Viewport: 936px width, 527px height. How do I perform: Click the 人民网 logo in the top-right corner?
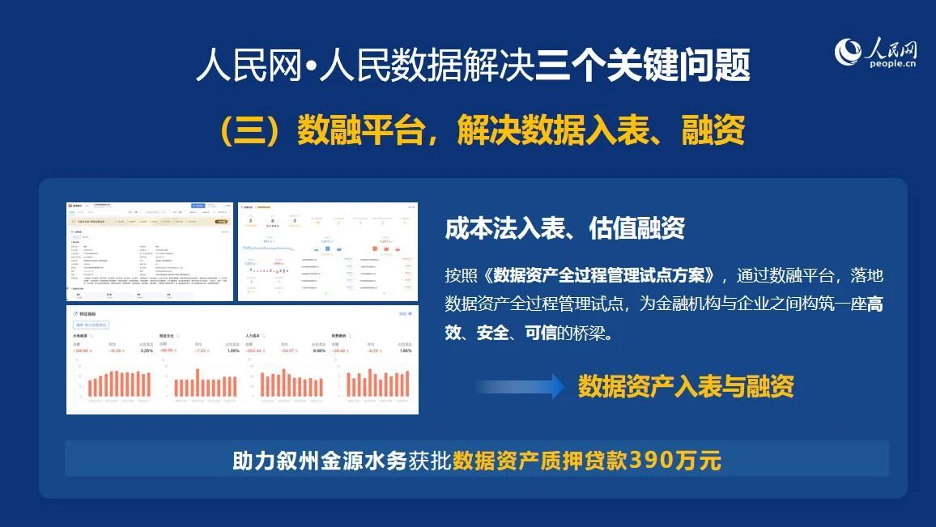[876, 53]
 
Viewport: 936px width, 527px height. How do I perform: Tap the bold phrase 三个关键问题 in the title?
[643, 65]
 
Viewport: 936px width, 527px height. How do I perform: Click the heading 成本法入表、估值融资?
[564, 228]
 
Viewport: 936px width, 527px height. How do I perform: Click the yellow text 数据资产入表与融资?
[686, 387]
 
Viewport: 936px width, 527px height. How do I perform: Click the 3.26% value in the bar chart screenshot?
[147, 351]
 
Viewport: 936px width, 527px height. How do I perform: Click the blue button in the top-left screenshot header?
[198, 206]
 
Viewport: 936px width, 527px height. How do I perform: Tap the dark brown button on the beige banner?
[221, 220]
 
